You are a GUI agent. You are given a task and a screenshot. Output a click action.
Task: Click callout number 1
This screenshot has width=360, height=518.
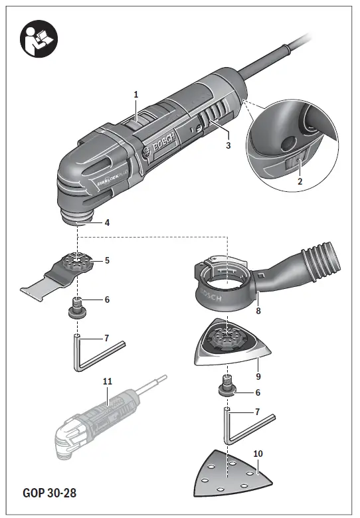pyautogui.click(x=136, y=95)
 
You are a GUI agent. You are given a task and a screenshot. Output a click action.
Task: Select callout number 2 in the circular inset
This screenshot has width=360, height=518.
pyautogui.click(x=300, y=181)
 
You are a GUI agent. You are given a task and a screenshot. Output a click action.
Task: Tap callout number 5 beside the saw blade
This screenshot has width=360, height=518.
pyautogui.click(x=106, y=260)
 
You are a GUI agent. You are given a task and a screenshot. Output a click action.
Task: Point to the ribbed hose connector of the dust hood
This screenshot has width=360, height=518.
pyautogui.click(x=320, y=262)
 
